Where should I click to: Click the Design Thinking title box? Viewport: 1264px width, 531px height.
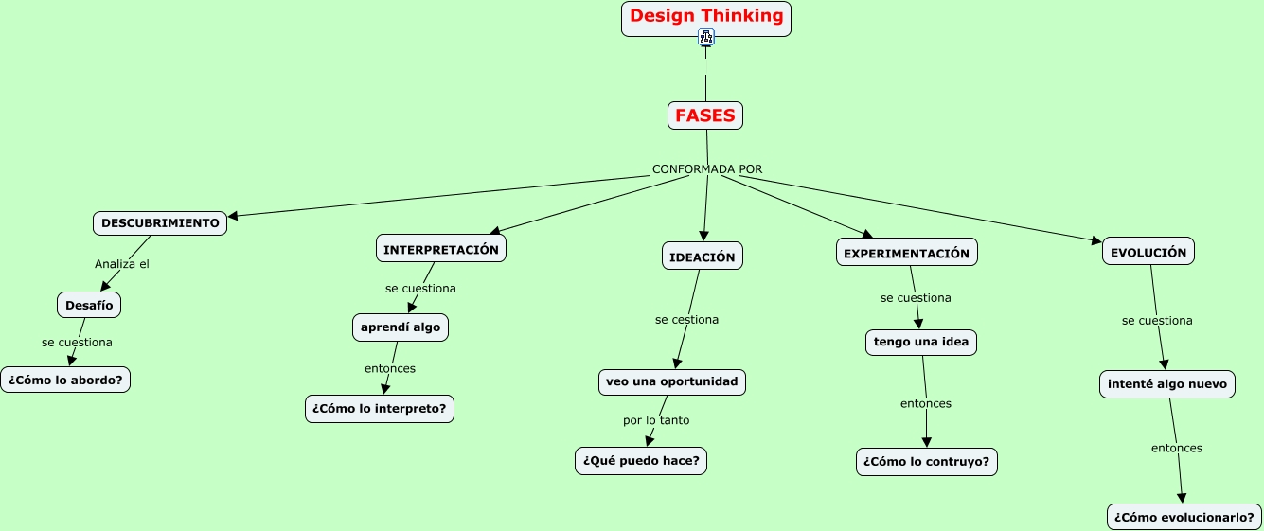[706, 17]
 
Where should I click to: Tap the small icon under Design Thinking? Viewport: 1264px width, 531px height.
[706, 38]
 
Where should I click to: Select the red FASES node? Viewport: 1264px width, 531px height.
[705, 115]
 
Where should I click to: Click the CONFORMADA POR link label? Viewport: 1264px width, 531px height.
[706, 169]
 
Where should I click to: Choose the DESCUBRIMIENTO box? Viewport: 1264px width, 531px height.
[160, 223]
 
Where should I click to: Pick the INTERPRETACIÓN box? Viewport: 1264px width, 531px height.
[441, 249]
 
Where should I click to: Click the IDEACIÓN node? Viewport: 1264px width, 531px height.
[702, 257]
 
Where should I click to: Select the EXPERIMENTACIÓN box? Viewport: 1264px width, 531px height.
[906, 253]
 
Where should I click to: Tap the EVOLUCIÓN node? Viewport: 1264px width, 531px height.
[1148, 253]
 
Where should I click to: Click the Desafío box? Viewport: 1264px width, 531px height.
[90, 305]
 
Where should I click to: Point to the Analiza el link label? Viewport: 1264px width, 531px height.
[122, 264]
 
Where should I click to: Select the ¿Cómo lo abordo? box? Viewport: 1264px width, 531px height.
[65, 380]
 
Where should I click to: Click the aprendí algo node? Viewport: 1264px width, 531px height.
[401, 327]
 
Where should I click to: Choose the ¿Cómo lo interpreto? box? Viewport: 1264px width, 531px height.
[380, 409]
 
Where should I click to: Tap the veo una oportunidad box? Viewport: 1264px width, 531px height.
[671, 381]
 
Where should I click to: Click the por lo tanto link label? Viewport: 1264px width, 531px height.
[656, 420]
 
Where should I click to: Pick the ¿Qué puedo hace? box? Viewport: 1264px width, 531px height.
[641, 461]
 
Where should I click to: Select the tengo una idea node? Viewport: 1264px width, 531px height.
[921, 342]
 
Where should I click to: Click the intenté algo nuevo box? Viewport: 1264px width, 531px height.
[1166, 383]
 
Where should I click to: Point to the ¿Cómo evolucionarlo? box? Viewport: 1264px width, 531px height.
[1184, 517]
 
